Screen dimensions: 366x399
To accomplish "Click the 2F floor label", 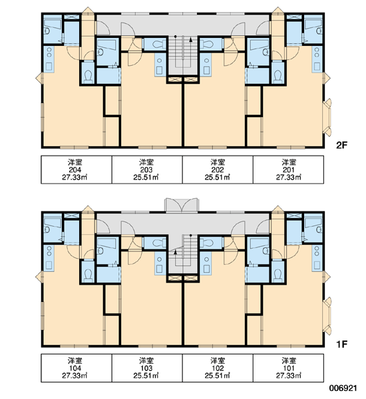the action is [x=341, y=145].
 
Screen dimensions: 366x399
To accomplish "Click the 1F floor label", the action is [x=341, y=344].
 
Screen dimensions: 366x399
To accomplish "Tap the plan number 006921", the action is [x=343, y=388].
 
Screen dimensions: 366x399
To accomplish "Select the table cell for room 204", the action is [x=77, y=170].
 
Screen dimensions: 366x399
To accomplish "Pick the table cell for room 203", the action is [x=147, y=170].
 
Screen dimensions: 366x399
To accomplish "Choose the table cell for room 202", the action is [x=218, y=170].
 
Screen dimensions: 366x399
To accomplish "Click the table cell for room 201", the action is [x=289, y=170].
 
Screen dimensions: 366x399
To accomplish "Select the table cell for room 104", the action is [x=77, y=368].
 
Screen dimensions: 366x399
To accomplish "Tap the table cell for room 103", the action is [x=147, y=368].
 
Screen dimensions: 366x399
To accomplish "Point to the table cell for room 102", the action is [x=218, y=368].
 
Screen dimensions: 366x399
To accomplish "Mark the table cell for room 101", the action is [x=289, y=368].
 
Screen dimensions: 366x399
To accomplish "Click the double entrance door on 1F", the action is [x=182, y=205].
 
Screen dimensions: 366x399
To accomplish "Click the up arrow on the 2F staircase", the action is [x=190, y=39].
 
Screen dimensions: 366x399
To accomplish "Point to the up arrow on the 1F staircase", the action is [x=175, y=252].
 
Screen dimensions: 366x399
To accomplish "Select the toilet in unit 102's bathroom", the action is [x=207, y=243].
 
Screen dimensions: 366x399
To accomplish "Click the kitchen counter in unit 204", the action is [x=49, y=59].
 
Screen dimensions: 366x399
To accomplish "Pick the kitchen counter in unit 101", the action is [x=317, y=258].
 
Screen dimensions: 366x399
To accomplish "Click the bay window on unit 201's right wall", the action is [x=327, y=118].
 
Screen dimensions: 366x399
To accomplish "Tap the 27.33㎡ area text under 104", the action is [x=75, y=375].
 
